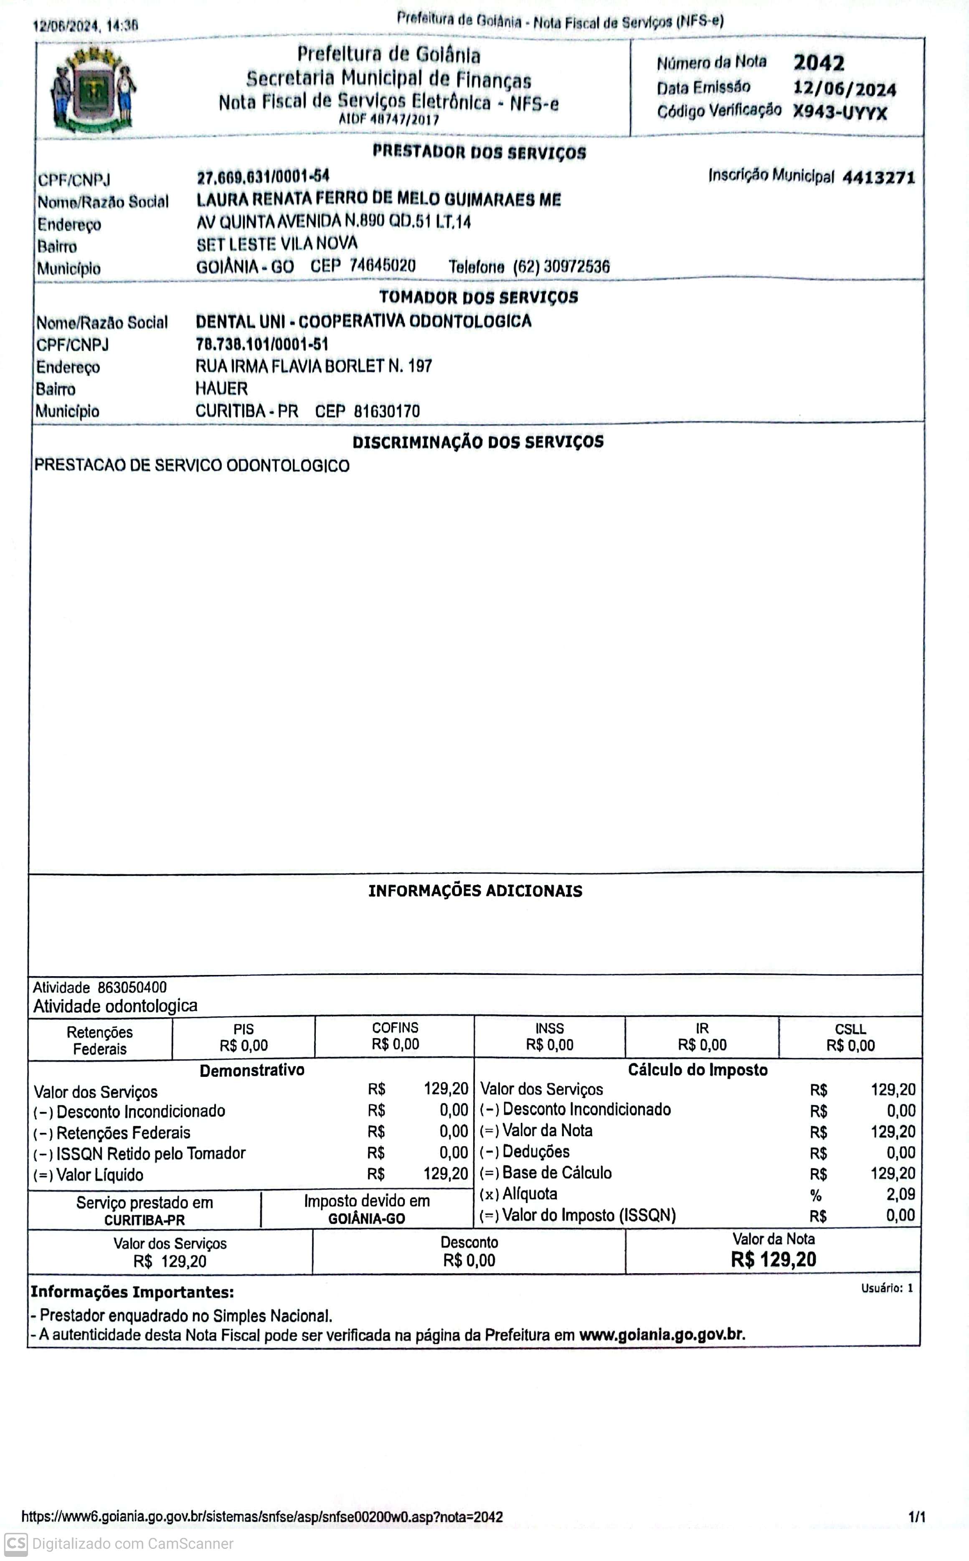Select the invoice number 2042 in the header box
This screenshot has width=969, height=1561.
(818, 63)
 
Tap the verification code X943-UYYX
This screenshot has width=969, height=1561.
(840, 113)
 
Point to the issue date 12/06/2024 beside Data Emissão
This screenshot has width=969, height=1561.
(844, 89)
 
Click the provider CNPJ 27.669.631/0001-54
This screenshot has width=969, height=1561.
(263, 176)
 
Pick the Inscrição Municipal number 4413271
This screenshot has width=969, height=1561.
(878, 178)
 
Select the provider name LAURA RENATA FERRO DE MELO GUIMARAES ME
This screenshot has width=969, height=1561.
(378, 200)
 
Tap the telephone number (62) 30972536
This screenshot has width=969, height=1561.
(561, 267)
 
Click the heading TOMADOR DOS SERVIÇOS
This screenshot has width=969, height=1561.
(478, 297)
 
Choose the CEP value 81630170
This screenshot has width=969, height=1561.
(386, 411)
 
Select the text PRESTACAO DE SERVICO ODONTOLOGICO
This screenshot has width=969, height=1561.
(192, 466)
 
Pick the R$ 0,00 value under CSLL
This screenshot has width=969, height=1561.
(850, 1046)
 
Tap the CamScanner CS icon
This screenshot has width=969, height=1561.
(16, 1544)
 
